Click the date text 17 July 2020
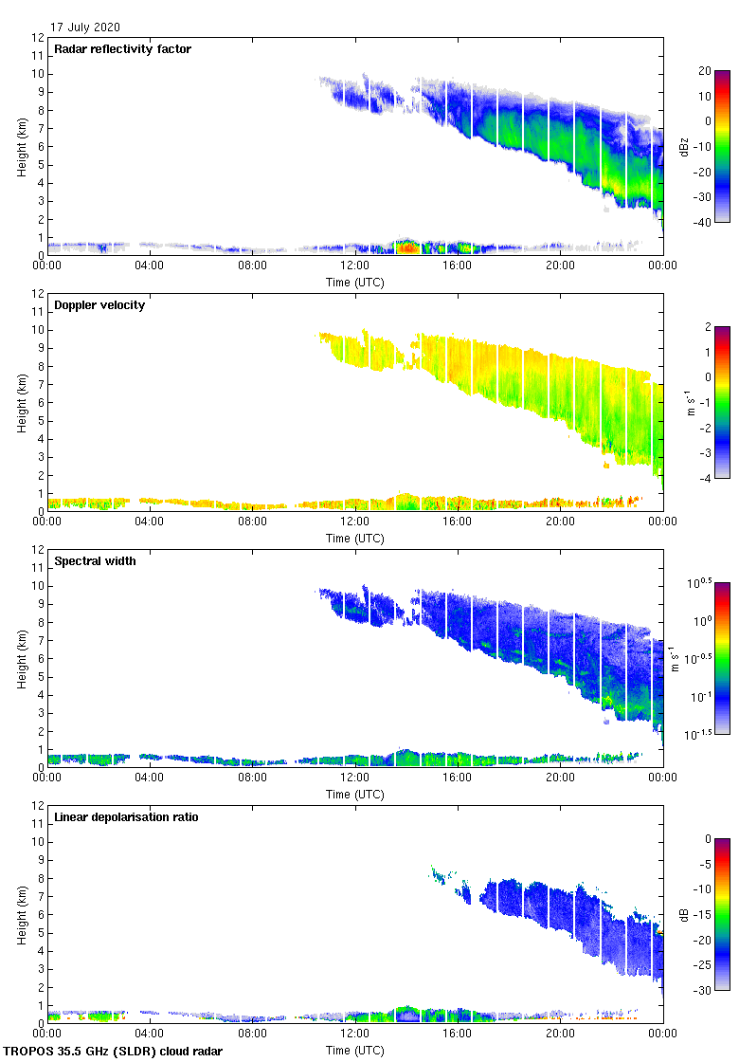(x=85, y=27)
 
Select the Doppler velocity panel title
(x=99, y=305)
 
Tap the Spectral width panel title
(x=94, y=561)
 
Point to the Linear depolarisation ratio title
(x=126, y=817)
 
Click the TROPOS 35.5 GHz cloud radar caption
(x=114, y=1052)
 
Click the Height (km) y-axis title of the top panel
(x=22, y=147)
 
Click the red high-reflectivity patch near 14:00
(x=406, y=247)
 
